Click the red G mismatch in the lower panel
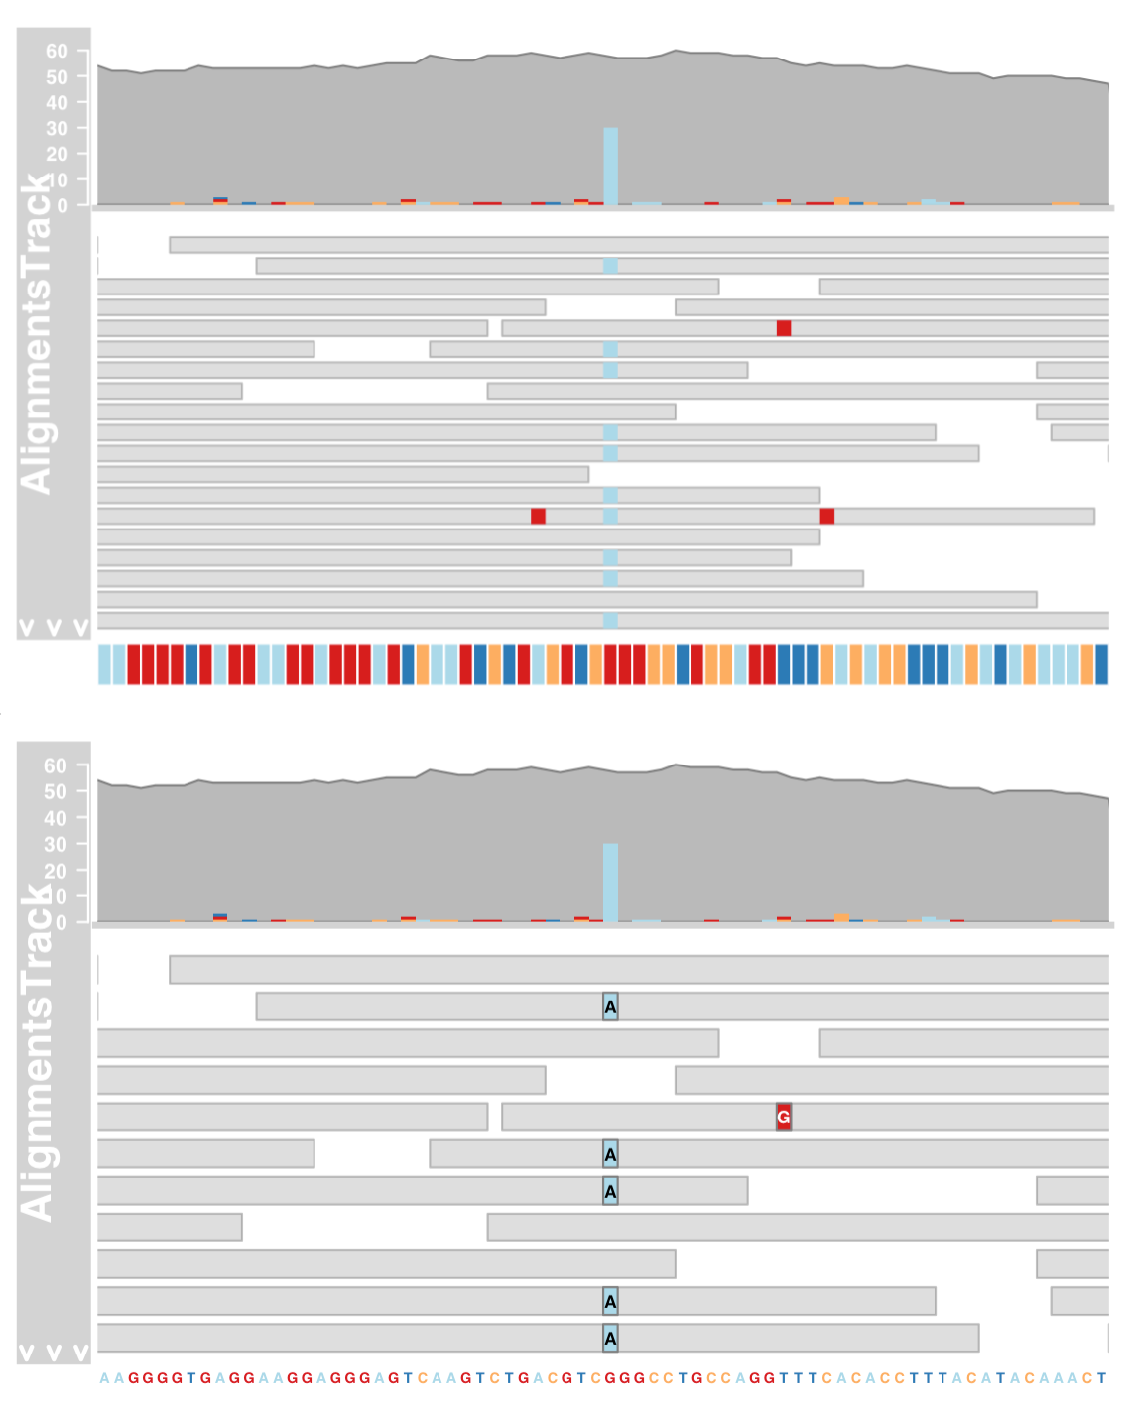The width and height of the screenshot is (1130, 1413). (x=783, y=1118)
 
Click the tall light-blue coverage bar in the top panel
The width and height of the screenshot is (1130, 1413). (x=610, y=167)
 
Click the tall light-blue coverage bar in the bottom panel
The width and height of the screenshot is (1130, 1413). (x=610, y=883)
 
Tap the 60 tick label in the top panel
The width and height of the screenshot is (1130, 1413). (x=57, y=51)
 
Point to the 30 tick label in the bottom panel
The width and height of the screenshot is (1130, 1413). (x=57, y=844)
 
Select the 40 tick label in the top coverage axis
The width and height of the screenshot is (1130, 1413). (x=57, y=102)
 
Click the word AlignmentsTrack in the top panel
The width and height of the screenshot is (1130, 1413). (x=37, y=333)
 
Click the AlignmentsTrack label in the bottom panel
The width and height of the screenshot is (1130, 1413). (x=37, y=1051)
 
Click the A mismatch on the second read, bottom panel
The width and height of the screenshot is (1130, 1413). (x=610, y=1007)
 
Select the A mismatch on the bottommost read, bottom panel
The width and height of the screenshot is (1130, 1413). (x=610, y=1339)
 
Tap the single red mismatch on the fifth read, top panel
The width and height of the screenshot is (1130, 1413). (x=784, y=328)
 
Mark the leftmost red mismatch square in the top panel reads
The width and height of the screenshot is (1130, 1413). (x=538, y=516)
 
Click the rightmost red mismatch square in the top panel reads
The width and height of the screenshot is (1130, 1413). (x=826, y=516)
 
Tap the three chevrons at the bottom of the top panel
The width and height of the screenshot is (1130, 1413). (x=54, y=627)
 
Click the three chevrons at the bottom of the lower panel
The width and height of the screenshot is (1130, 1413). (x=54, y=1353)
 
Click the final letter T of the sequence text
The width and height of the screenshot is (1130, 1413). (x=1101, y=1378)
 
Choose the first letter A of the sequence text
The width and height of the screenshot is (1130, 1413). (x=104, y=1378)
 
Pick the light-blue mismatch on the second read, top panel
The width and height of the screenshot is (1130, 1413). (x=610, y=266)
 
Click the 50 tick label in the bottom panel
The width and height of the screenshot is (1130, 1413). (x=57, y=791)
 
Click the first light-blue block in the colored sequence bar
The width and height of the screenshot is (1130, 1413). (x=104, y=663)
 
